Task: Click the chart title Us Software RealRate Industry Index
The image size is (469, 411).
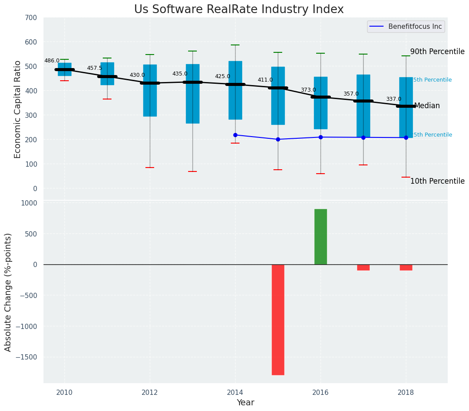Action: coord(239,10)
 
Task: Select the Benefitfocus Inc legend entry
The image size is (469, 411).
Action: coord(415,27)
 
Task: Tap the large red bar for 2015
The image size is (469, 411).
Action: coord(278,319)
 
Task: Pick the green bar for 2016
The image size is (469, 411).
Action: coord(321,236)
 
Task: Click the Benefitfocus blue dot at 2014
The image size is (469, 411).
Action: coord(235,135)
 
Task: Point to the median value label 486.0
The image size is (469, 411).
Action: coord(52,61)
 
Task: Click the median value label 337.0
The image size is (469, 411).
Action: coord(393,99)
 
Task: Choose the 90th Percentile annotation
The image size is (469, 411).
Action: coord(437,51)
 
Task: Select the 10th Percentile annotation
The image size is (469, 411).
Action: coord(437,181)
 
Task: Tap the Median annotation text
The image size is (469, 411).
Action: coord(427,106)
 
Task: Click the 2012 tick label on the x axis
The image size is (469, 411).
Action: coord(150,392)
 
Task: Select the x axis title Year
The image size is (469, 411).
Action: coord(245,403)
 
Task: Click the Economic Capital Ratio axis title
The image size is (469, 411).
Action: coord(18,109)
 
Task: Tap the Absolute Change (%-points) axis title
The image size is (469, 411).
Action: coord(8,292)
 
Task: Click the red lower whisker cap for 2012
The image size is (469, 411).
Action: coord(150,168)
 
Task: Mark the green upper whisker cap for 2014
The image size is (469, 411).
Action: coord(235,45)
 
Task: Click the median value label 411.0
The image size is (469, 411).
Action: coord(265,80)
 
